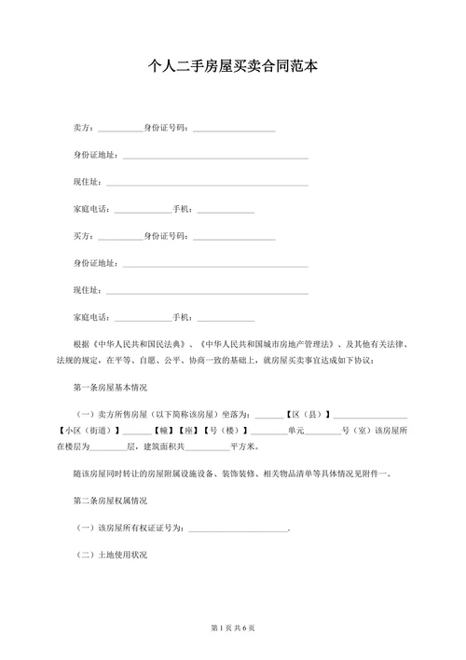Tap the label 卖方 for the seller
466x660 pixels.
(x=81, y=129)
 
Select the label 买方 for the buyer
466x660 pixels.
(x=81, y=237)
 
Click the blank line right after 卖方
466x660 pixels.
(x=119, y=130)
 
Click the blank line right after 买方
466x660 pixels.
(x=119, y=238)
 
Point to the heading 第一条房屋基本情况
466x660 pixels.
(x=110, y=386)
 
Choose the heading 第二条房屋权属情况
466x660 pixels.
(x=110, y=502)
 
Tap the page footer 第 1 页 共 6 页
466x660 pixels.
(x=233, y=627)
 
